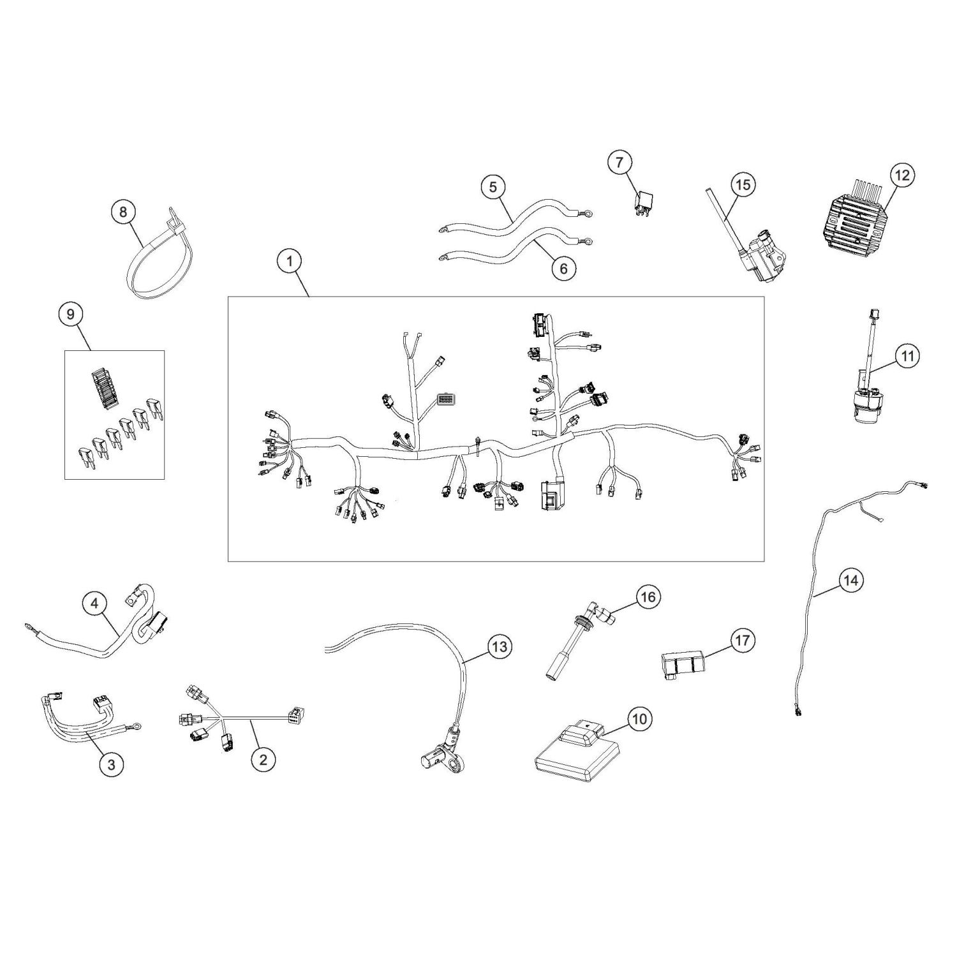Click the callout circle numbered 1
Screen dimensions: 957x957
pyautogui.click(x=290, y=261)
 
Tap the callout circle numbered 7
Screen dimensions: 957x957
pyautogui.click(x=619, y=163)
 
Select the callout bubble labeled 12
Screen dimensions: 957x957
pyautogui.click(x=902, y=175)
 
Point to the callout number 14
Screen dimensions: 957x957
pyautogui.click(x=850, y=581)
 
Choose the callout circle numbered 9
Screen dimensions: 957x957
pyautogui.click(x=70, y=314)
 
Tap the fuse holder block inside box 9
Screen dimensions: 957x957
pyautogui.click(x=103, y=386)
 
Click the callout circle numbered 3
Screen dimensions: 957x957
pyautogui.click(x=112, y=764)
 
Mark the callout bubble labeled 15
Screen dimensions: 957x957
pyautogui.click(x=743, y=185)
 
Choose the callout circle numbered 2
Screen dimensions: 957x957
pyautogui.click(x=263, y=759)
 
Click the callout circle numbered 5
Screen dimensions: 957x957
pyautogui.click(x=493, y=187)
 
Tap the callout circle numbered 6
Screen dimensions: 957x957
pyautogui.click(x=563, y=269)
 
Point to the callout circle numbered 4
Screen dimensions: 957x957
pyautogui.click(x=94, y=603)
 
